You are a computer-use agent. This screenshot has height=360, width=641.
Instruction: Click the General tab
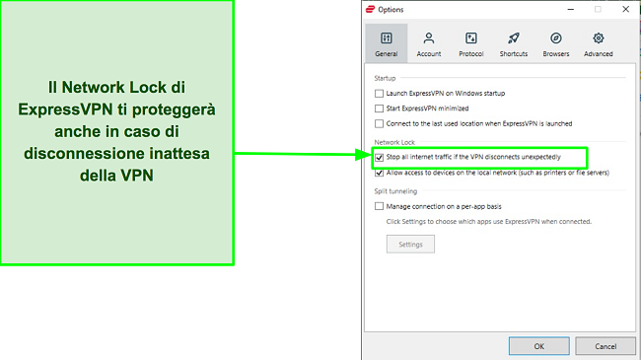(387, 43)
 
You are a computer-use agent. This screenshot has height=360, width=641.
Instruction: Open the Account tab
(429, 43)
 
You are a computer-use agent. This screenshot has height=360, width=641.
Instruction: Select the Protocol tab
(470, 43)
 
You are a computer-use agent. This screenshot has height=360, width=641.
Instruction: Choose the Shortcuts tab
(513, 43)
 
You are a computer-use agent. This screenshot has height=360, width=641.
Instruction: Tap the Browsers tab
(555, 43)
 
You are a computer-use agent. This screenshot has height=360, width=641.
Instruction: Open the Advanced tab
(598, 43)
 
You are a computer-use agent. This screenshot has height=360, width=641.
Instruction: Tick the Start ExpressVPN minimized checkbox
(380, 108)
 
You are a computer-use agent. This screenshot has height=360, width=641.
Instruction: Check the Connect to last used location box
(380, 123)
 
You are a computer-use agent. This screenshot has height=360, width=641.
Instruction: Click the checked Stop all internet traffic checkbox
(380, 157)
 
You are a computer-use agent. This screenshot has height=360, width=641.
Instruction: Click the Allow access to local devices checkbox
(380, 173)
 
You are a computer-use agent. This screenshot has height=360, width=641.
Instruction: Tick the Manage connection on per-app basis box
(380, 206)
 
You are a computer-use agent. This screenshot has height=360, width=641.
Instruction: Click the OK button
(538, 346)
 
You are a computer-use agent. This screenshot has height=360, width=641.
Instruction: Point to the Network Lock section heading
(393, 141)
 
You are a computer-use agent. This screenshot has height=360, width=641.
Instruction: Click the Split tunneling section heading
(395, 190)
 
